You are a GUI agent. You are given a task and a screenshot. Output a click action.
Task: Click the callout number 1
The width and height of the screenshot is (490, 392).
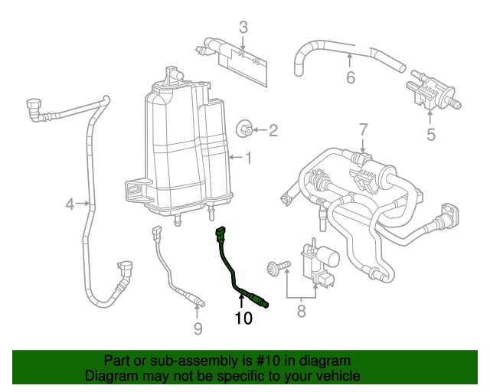tap(248, 158)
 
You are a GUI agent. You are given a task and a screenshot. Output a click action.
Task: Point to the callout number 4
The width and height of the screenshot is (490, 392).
tap(70, 204)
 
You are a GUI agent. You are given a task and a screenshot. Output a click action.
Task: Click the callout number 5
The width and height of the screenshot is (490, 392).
tap(430, 136)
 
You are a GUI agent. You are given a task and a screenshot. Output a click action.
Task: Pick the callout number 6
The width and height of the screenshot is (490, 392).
tap(351, 77)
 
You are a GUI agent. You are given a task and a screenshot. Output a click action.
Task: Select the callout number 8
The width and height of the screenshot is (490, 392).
tap(301, 311)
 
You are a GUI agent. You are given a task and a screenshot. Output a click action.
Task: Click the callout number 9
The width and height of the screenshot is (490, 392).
tap(198, 329)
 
